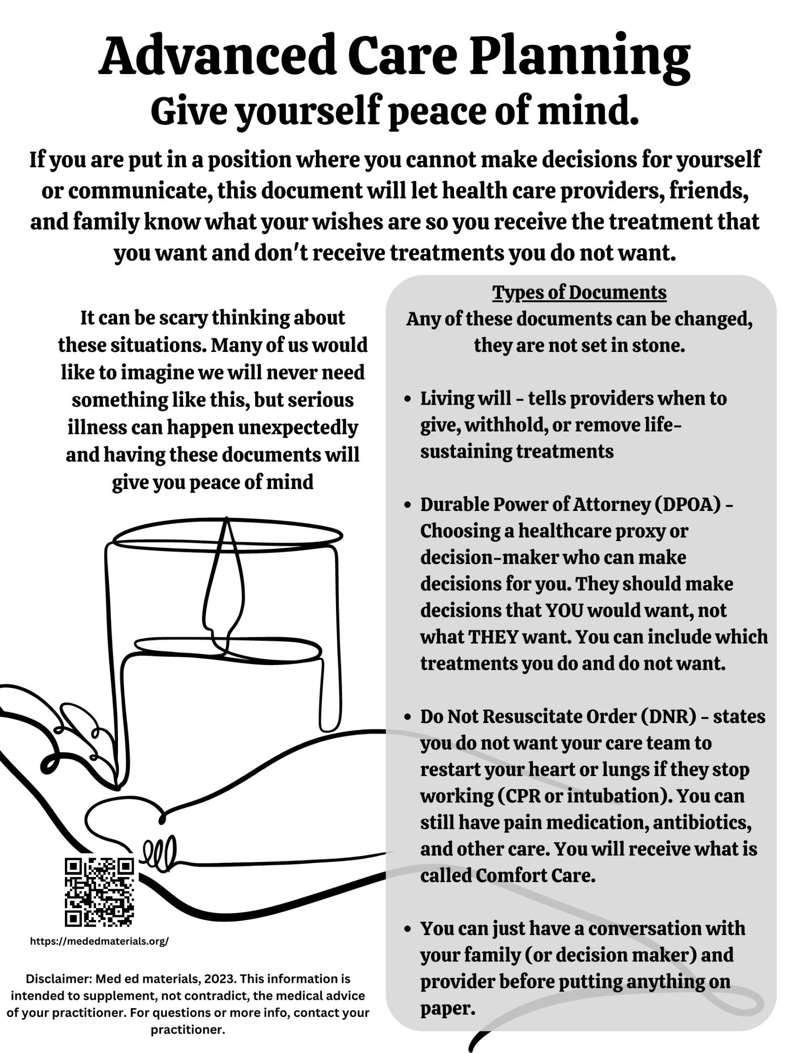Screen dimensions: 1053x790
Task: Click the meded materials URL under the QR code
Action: click(99, 941)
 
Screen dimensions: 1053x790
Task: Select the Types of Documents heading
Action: click(579, 292)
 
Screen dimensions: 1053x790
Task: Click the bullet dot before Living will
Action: click(408, 399)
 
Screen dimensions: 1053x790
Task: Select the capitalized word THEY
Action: click(493, 637)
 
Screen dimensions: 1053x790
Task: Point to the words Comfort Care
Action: click(535, 876)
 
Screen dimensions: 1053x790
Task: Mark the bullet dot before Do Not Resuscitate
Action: click(408, 718)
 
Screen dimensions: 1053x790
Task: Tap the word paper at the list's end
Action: click(447, 1008)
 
